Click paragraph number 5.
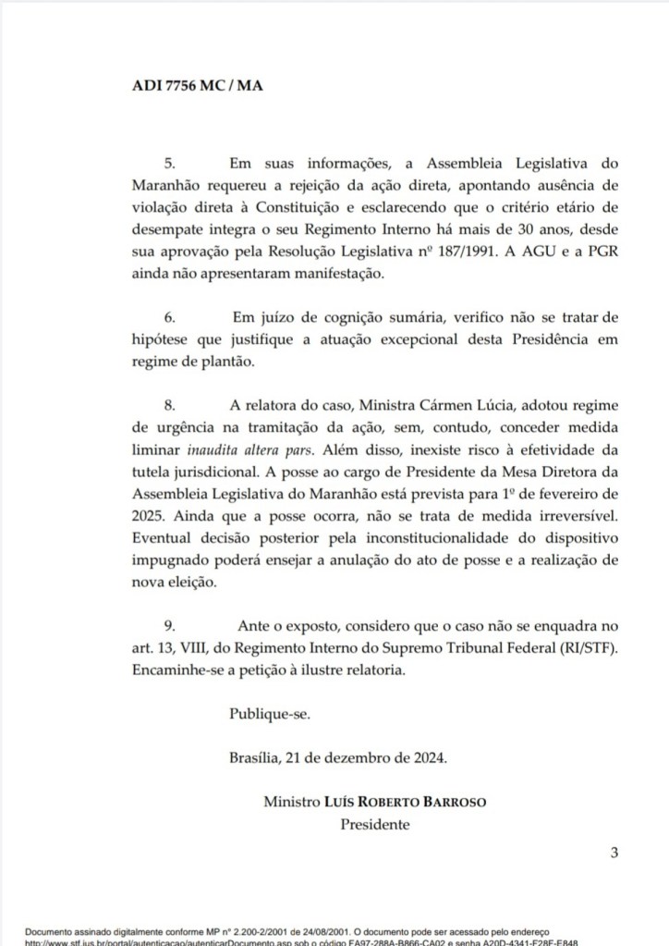pos(168,163)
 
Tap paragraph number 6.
pos(168,317)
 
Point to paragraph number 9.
pos(168,625)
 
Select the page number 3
pos(613,853)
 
